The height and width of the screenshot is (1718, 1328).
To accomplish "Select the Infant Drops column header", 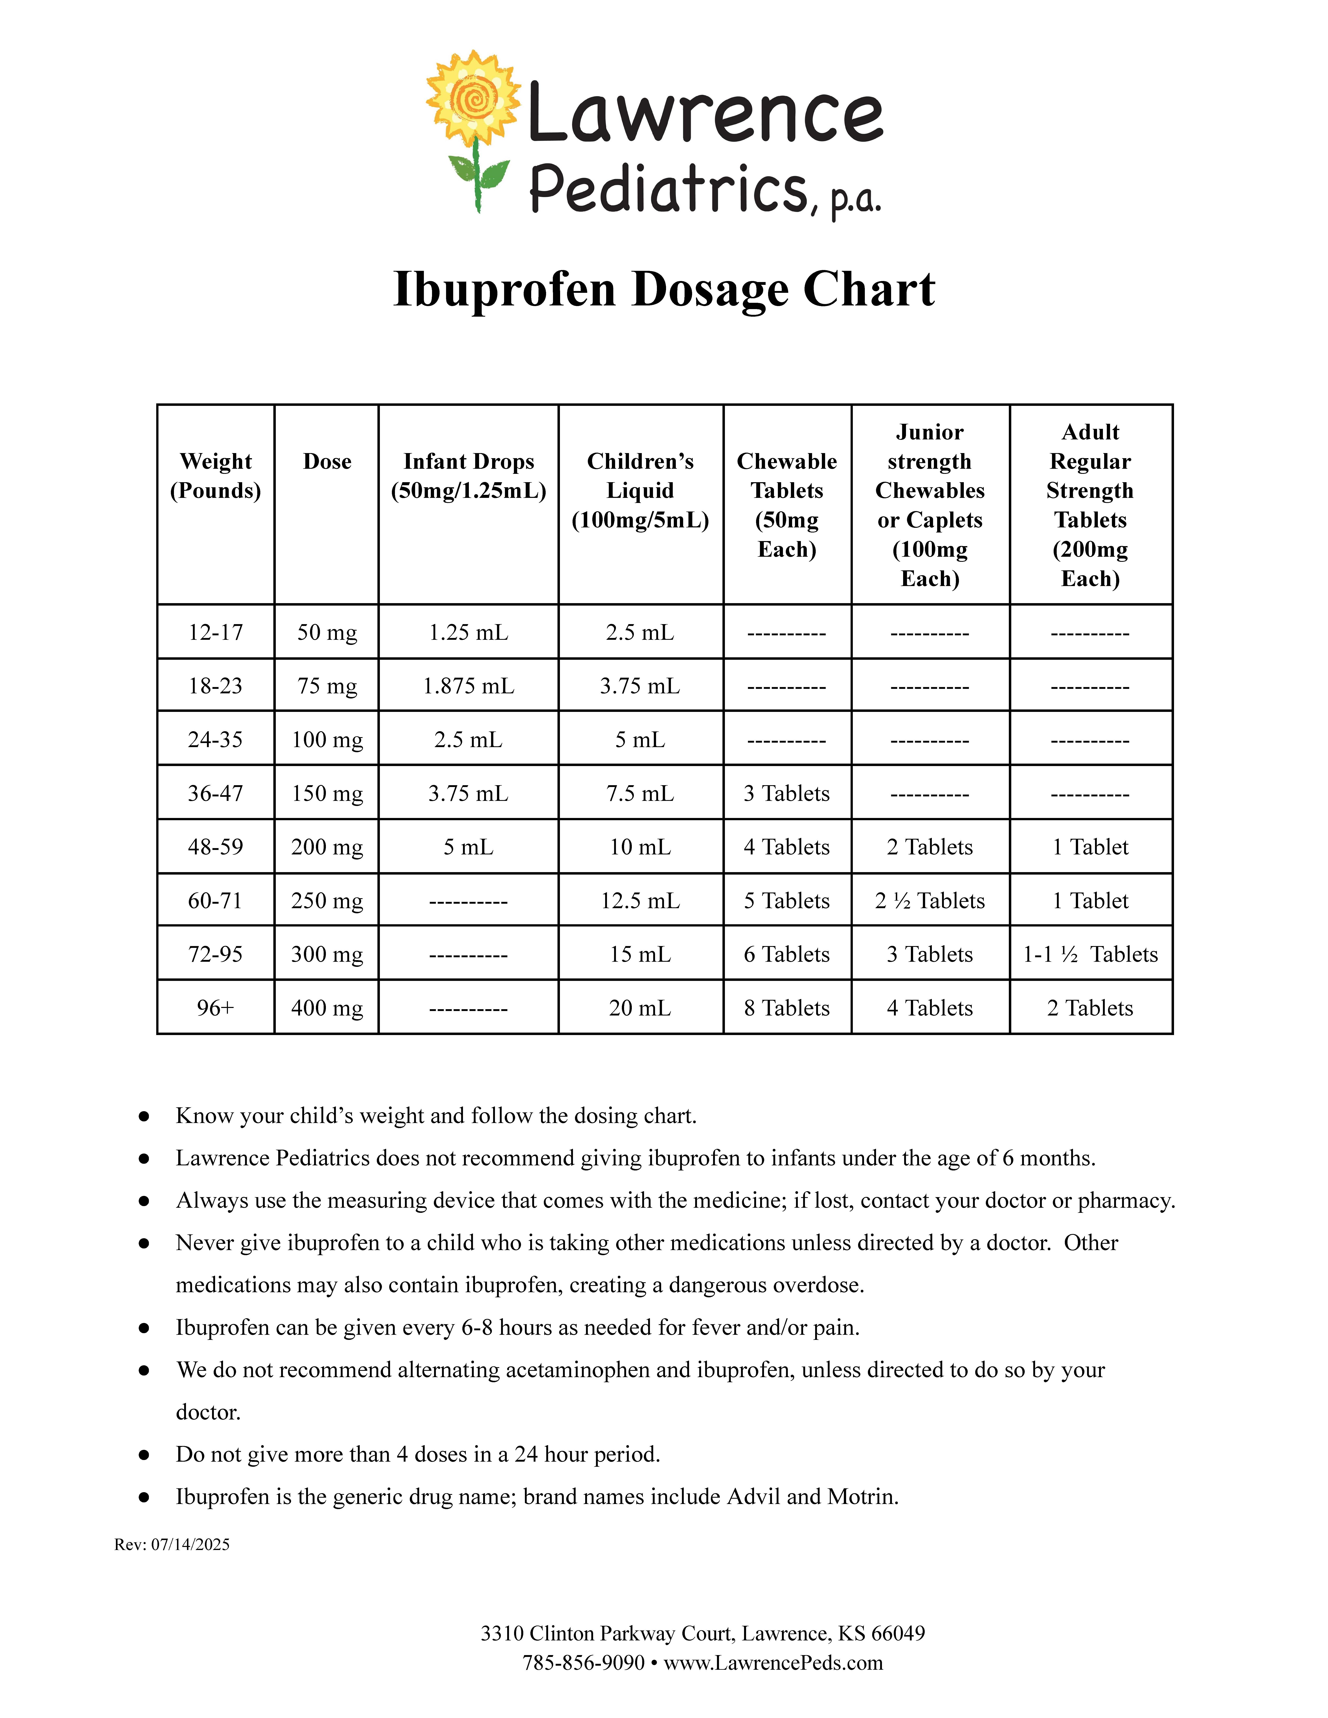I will pyautogui.click(x=468, y=476).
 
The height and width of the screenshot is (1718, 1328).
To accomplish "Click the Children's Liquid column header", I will pyautogui.click(x=640, y=490).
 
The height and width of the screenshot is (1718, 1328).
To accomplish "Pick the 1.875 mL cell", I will pyautogui.click(x=468, y=686).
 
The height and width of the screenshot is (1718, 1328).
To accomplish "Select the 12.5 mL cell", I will pyautogui.click(x=640, y=901).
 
